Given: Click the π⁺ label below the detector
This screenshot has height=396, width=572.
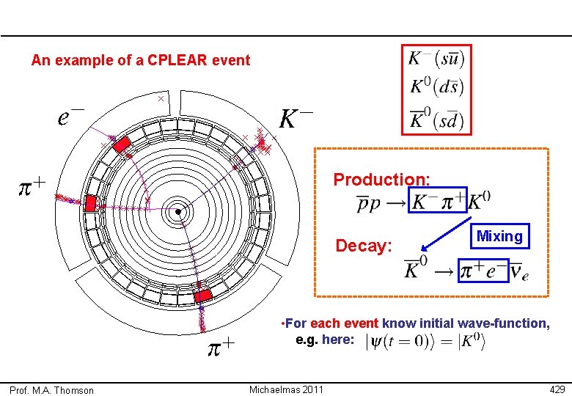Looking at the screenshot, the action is (219, 345).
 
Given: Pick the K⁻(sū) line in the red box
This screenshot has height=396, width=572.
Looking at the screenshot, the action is (436, 57).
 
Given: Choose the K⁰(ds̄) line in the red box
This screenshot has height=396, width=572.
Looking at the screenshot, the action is (436, 87).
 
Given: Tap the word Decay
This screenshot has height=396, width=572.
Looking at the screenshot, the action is (364, 245).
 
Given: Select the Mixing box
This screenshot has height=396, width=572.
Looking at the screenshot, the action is (499, 236).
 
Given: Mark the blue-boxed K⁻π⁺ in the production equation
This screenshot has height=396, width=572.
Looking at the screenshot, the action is (437, 200).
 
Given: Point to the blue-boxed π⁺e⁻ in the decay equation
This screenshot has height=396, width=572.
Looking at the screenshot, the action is (483, 271).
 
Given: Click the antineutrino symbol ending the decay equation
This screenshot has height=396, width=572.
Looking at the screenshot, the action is (519, 272).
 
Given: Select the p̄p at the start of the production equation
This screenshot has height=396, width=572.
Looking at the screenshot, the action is (370, 202).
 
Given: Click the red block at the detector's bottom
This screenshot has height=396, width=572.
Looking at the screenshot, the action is (202, 296).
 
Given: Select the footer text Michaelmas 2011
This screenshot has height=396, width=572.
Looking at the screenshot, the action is (286, 389).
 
